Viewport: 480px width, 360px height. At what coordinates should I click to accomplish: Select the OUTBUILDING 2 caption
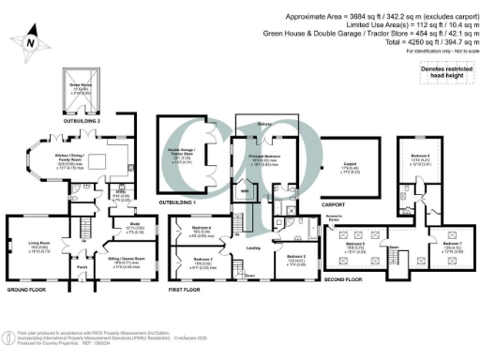point(87,119)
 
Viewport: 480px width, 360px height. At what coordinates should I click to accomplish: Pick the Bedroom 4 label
point(201,230)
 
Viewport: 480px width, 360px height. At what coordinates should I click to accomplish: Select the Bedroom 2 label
point(293,256)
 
